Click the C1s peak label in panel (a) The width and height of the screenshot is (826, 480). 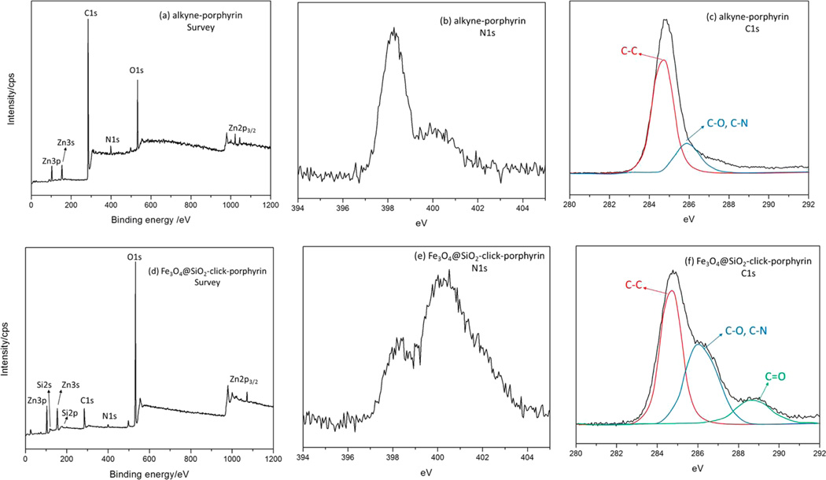tap(88, 13)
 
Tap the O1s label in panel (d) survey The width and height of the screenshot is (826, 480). tap(135, 256)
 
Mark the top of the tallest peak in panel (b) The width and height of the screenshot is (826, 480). tap(393, 30)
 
